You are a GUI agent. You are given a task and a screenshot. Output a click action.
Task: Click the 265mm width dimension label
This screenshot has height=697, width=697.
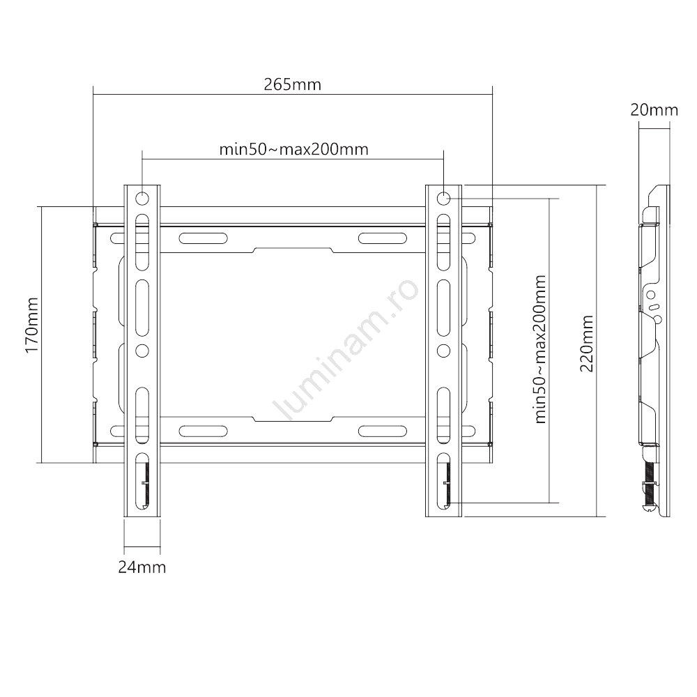tap(292, 84)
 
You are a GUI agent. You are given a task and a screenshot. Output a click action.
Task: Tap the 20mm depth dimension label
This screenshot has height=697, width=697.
tap(654, 110)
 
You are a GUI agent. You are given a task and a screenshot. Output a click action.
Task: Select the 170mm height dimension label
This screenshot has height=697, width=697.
tap(32, 325)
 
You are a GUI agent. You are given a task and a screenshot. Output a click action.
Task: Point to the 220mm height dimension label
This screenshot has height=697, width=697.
tap(587, 344)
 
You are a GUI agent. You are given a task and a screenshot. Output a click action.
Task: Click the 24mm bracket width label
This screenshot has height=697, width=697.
tap(141, 567)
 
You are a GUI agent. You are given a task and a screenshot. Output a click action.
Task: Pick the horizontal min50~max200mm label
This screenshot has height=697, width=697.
tap(294, 149)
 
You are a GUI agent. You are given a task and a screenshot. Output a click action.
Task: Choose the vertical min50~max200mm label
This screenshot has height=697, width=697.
tap(540, 349)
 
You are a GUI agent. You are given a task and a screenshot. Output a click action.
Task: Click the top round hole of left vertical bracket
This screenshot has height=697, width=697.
tap(141, 198)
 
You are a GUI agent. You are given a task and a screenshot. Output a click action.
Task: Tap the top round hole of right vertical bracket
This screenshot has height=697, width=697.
tap(443, 198)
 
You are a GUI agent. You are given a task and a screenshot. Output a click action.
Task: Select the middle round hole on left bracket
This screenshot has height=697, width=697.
tap(141, 351)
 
